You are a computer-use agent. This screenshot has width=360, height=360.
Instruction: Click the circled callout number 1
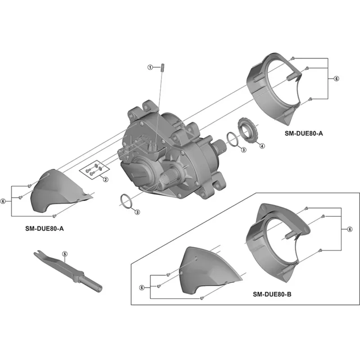coord(151,67)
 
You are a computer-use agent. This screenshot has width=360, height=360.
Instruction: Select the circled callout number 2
coord(106,180)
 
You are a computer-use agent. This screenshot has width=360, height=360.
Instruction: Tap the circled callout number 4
coord(262,146)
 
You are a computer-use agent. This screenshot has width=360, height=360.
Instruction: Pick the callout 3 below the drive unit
coord(138,211)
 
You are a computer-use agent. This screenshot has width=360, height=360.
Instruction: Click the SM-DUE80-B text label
coord(272,295)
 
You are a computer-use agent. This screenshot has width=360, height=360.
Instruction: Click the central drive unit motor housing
coord(171,153)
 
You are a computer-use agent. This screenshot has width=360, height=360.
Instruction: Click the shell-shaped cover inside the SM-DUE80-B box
coord(207,270)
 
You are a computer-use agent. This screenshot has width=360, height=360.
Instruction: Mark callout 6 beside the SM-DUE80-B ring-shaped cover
coord(349,229)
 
